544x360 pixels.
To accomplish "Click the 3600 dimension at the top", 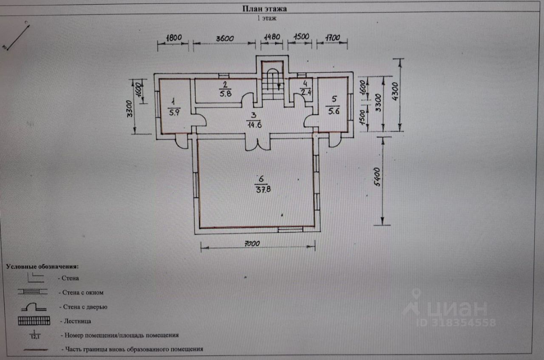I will point(224,38).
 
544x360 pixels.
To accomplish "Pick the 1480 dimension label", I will point(272,37).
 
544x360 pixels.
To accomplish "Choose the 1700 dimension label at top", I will point(332,38).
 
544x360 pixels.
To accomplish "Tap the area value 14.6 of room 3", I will point(253,125).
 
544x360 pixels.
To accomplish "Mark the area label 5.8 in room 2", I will point(226,94).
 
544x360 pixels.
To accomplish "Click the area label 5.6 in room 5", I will point(334,111).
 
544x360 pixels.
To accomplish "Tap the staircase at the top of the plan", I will point(272,81).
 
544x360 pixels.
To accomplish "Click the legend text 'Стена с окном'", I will point(83,292).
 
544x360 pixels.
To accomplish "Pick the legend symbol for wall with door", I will point(34,307).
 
